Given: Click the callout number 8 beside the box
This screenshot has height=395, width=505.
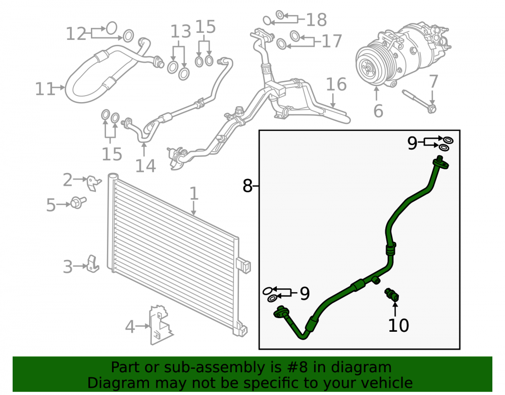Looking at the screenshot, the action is pyautogui.click(x=247, y=186).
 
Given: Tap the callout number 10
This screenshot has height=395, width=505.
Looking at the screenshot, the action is pyautogui.click(x=398, y=325).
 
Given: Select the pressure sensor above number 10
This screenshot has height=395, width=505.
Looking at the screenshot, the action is pyautogui.click(x=392, y=294).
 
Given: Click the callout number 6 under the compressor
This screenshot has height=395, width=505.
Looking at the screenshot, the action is pyautogui.click(x=378, y=111).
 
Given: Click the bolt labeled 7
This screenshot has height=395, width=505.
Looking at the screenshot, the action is pyautogui.click(x=419, y=101).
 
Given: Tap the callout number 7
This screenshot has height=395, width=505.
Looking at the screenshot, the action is pyautogui.click(x=433, y=81).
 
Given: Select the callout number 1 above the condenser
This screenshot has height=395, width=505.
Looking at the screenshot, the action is pyautogui.click(x=193, y=193).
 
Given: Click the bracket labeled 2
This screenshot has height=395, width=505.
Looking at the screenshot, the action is pyautogui.click(x=94, y=183).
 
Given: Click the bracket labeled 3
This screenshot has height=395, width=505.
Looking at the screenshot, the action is pyautogui.click(x=93, y=264).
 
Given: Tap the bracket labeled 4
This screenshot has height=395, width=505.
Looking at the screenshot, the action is pyautogui.click(x=161, y=325).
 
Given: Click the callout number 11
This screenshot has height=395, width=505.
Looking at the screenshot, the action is pyautogui.click(x=45, y=89).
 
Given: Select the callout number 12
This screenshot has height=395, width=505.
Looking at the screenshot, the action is pyautogui.click(x=76, y=34).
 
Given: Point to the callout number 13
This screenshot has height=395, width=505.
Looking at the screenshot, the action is pyautogui.click(x=181, y=31).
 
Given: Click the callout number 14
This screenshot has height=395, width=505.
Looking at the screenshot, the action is pyautogui.click(x=145, y=166).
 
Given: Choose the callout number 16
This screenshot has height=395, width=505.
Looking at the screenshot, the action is pyautogui.click(x=336, y=84).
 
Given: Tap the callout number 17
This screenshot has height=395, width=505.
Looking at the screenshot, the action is pyautogui.click(x=332, y=41).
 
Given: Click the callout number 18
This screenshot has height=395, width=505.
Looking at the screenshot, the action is pyautogui.click(x=316, y=20).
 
